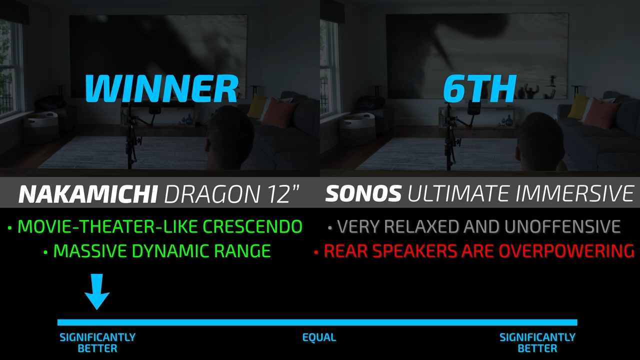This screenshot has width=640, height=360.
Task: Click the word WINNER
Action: tap(161, 88)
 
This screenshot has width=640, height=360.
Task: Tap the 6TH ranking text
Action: tap(479, 88)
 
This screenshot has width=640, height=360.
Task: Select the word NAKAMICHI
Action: tap(88, 194)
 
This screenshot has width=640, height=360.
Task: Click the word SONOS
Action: tap(363, 193)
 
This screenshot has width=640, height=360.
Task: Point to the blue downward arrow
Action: tap(97, 291)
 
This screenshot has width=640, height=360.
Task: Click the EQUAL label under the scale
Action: tap(319, 337)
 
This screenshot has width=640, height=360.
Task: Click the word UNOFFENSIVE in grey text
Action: tap(562, 226)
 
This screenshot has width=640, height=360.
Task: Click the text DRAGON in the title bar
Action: tap(211, 194)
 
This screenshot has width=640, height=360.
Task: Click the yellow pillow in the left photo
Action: tap(257, 105)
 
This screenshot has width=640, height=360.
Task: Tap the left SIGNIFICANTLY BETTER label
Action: tap(97, 343)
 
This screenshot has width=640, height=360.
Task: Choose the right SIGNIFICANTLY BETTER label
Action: tap(537, 343)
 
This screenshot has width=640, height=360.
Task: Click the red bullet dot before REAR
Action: tap(316, 252)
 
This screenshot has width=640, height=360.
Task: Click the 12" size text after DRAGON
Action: tap(280, 194)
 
